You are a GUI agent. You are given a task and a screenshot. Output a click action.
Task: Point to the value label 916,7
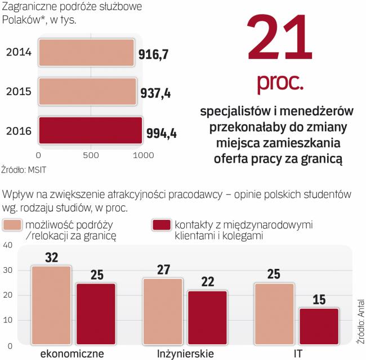click(154, 55)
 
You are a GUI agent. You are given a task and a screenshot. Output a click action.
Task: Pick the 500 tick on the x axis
click(91, 155)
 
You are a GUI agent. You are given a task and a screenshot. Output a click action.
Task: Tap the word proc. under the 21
click(280, 83)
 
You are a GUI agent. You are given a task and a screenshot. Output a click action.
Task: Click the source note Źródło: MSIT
click(24, 168)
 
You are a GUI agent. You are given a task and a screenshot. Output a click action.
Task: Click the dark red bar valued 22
click(207, 318)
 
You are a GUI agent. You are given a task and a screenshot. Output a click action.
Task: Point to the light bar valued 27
click(163, 312)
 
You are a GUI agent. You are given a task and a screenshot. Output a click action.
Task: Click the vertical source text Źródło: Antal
click(360, 320)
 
